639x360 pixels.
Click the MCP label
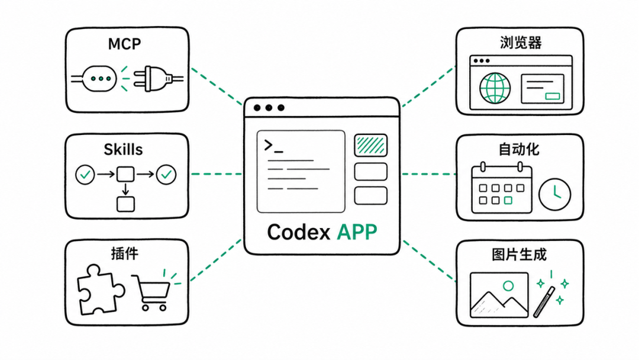point(124,44)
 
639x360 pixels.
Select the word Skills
point(123,150)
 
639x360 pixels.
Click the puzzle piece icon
point(100,290)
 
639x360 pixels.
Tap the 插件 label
point(125,253)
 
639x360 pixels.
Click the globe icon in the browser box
point(495,88)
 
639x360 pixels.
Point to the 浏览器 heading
point(521,43)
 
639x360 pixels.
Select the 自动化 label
point(519,149)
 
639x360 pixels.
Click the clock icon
point(554,194)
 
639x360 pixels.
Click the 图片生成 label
point(519,255)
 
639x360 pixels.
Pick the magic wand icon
point(544,302)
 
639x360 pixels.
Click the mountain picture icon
point(499,295)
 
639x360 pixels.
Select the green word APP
point(357,232)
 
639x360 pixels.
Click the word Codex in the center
point(298,232)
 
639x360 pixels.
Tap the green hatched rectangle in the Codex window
point(370,145)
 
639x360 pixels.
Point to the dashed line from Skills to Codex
point(217,174)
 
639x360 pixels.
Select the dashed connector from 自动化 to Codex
point(429,174)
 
